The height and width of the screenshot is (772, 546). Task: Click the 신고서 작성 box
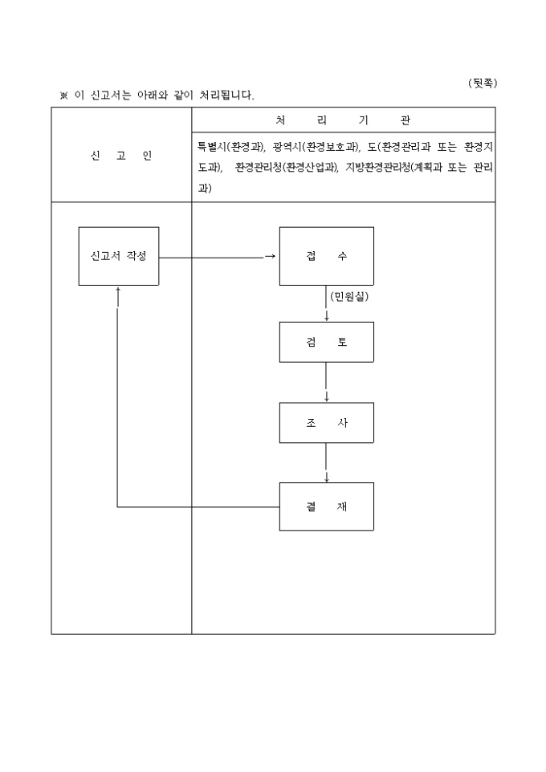click(x=118, y=256)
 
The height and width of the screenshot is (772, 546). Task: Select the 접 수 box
click(x=326, y=256)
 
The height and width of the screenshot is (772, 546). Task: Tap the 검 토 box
click(x=326, y=341)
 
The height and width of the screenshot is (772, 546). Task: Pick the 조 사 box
click(x=326, y=422)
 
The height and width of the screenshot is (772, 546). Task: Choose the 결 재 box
click(x=326, y=506)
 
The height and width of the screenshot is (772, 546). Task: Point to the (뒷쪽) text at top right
click(x=481, y=83)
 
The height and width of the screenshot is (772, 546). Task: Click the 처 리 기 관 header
click(x=343, y=120)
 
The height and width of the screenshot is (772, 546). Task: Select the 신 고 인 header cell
click(x=121, y=156)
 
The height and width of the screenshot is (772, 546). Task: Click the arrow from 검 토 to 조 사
click(x=326, y=382)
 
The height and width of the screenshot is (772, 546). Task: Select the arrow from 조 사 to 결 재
click(x=326, y=463)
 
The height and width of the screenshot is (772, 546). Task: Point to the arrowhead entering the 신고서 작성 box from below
click(x=118, y=291)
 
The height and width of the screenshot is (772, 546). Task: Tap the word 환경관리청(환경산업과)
click(x=287, y=168)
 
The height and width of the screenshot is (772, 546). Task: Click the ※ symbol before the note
click(x=64, y=96)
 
